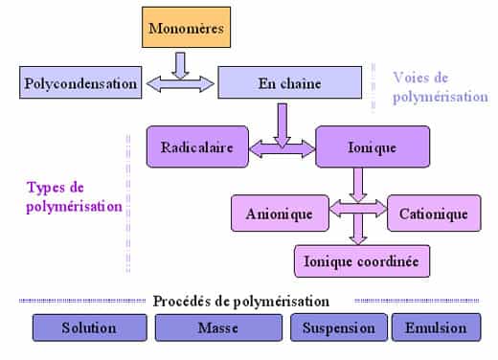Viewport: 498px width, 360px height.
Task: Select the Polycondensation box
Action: tap(79, 83)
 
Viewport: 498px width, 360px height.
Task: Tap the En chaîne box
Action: tap(289, 83)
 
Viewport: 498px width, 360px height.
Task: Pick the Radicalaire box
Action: tap(196, 146)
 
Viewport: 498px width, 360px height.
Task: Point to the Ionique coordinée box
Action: tap(361, 260)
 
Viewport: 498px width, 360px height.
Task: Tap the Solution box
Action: tap(88, 327)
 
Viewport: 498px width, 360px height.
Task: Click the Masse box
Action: tap(217, 327)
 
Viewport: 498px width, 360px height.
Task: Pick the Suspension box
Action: tap(338, 327)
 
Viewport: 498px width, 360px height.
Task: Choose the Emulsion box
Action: tap(435, 327)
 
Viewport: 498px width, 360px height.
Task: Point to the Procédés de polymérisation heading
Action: tap(240, 301)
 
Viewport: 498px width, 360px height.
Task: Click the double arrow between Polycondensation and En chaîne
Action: tap(179, 84)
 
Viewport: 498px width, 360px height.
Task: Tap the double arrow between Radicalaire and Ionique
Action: tap(282, 148)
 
